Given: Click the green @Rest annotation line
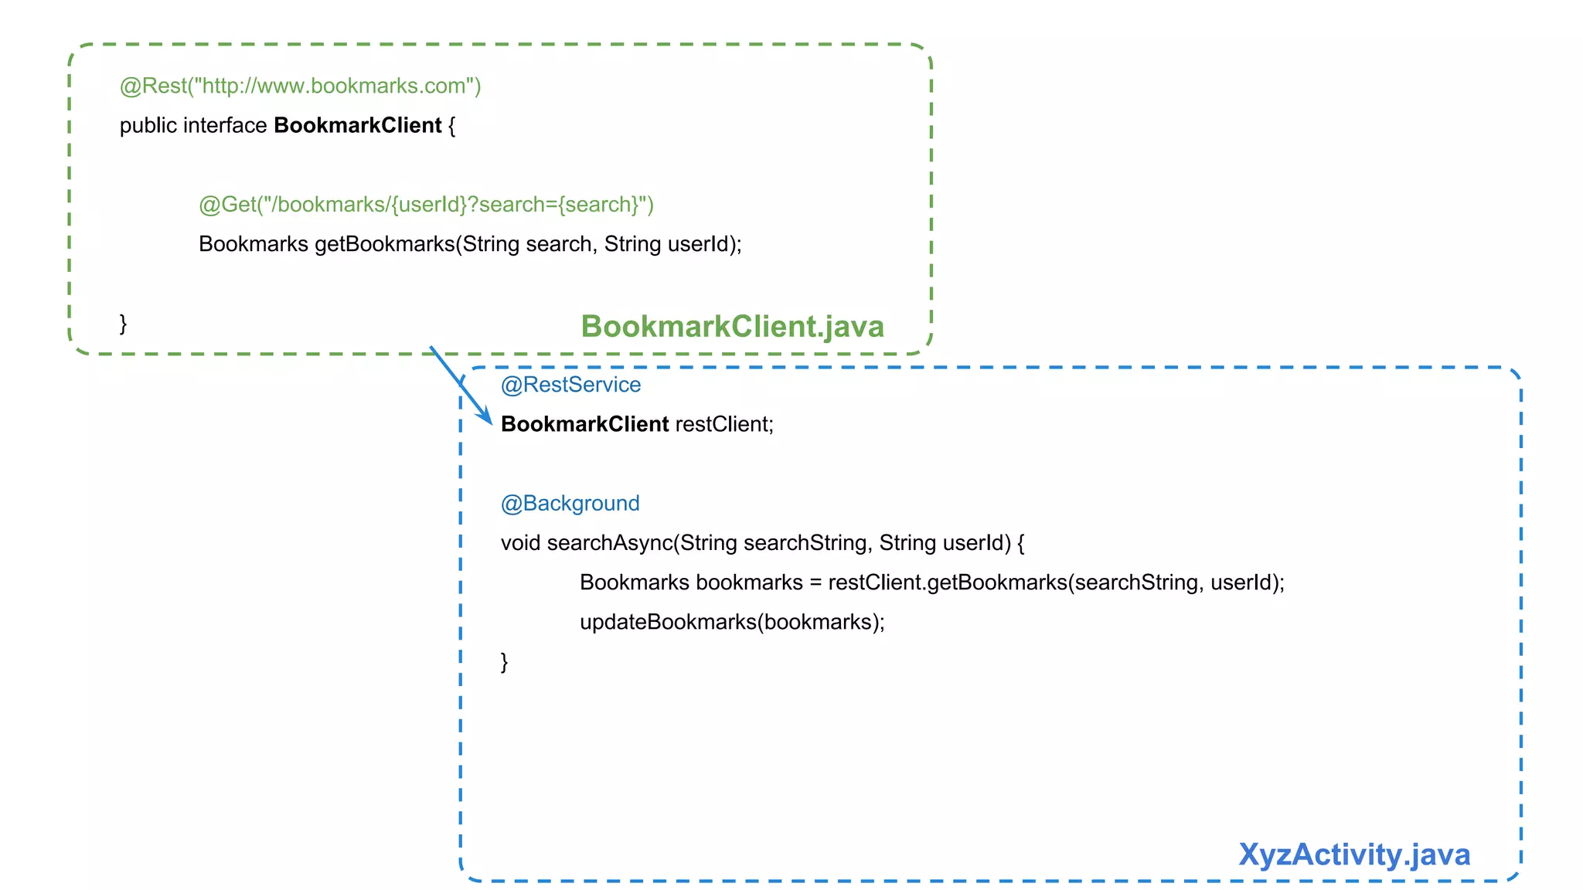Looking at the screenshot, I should tap(300, 86).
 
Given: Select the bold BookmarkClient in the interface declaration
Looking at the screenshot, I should tap(357, 125).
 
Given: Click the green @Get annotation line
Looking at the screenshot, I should tap(426, 205).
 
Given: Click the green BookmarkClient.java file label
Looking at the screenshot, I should tap(732, 326).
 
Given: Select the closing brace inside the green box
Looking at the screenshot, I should tap(123, 323).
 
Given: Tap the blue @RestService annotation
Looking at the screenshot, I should tap(570, 385).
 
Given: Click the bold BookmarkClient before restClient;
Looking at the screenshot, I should tap(584, 424).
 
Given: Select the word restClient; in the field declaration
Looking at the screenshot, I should tap(724, 424).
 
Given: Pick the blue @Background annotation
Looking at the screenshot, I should tap(570, 504).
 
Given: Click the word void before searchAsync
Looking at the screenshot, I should tap(520, 543).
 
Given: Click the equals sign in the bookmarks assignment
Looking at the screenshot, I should tap(815, 583).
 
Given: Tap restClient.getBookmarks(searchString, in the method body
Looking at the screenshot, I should tap(1011, 583).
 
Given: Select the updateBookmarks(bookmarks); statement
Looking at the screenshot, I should tap(732, 622).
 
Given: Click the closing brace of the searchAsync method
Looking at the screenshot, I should tap(504, 662).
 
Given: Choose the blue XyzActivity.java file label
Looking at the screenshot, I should tap(1353, 854).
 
